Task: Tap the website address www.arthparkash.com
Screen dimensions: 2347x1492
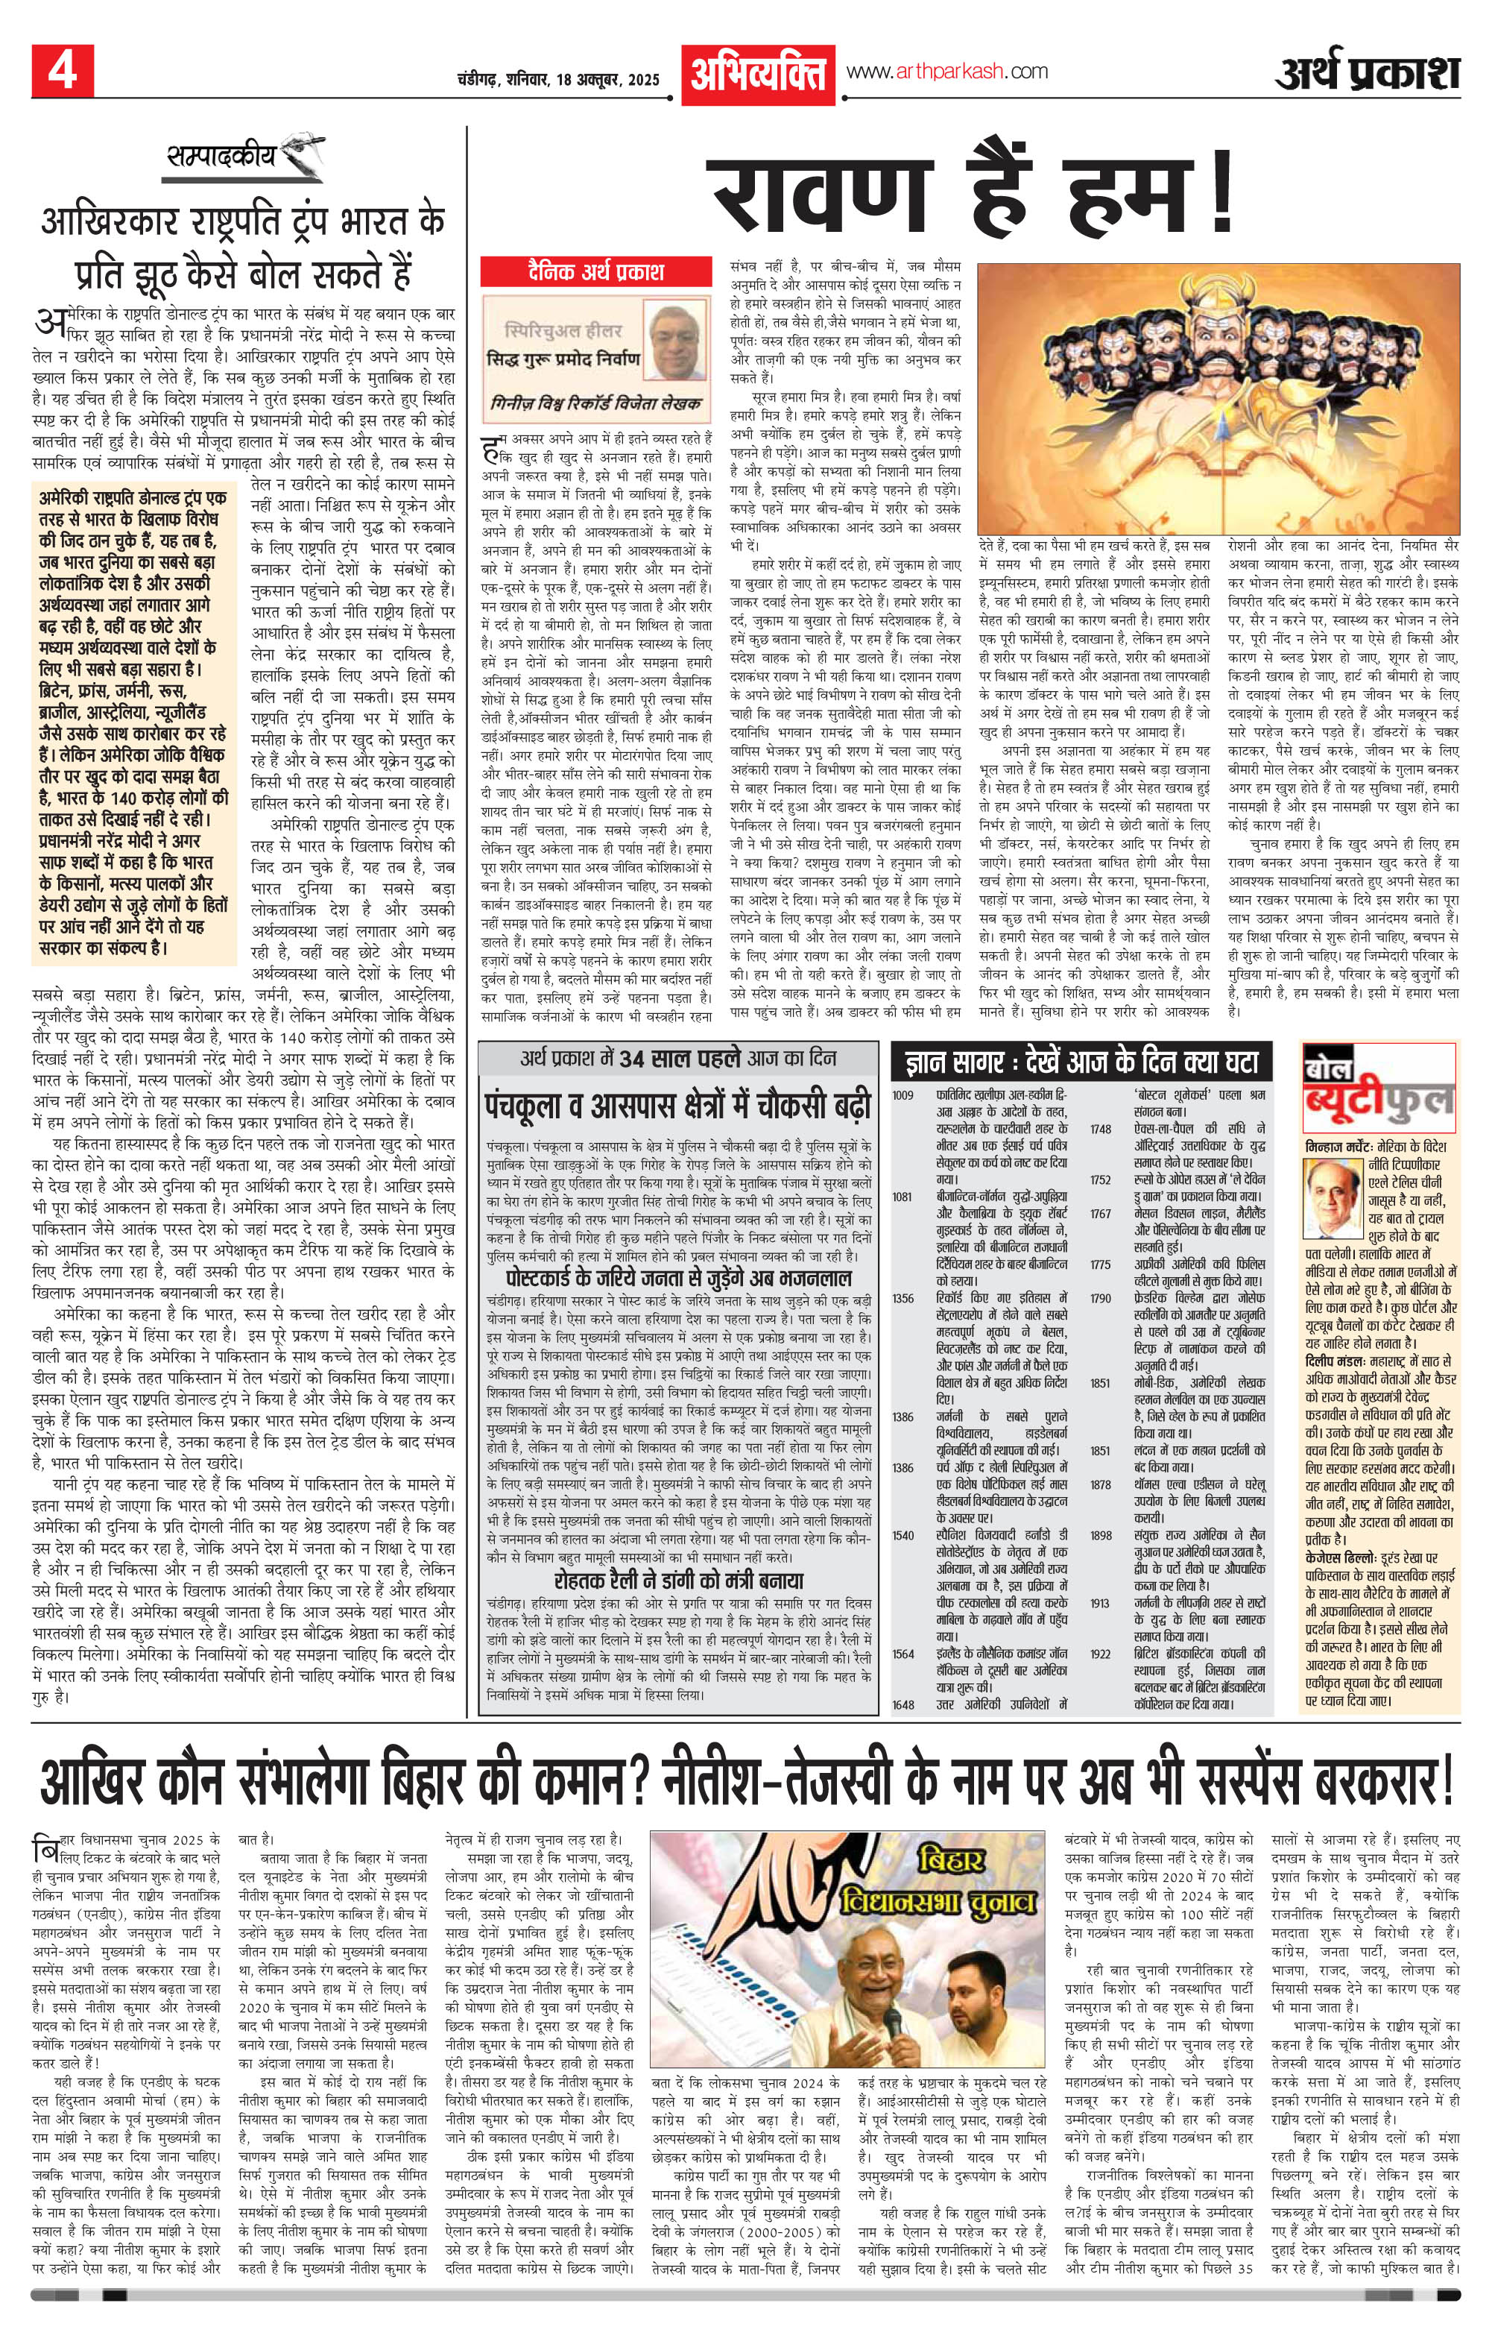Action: tap(947, 71)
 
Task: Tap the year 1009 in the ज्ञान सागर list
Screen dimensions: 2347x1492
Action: tap(903, 1095)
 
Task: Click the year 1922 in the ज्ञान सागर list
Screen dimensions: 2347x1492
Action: tap(1099, 1653)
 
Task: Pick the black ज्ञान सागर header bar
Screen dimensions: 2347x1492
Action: tap(1081, 1060)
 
